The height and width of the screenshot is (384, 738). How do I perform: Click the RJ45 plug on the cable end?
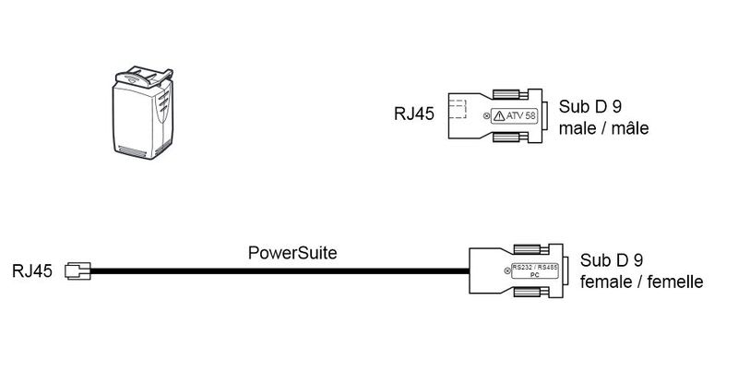point(78,271)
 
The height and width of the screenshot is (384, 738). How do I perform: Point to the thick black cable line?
point(277,271)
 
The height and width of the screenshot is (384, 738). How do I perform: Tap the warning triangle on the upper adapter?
point(499,116)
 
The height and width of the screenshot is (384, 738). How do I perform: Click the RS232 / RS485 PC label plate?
point(535,271)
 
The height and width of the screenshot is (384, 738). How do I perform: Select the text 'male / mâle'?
point(604,127)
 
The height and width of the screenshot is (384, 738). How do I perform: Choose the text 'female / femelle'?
point(642,282)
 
